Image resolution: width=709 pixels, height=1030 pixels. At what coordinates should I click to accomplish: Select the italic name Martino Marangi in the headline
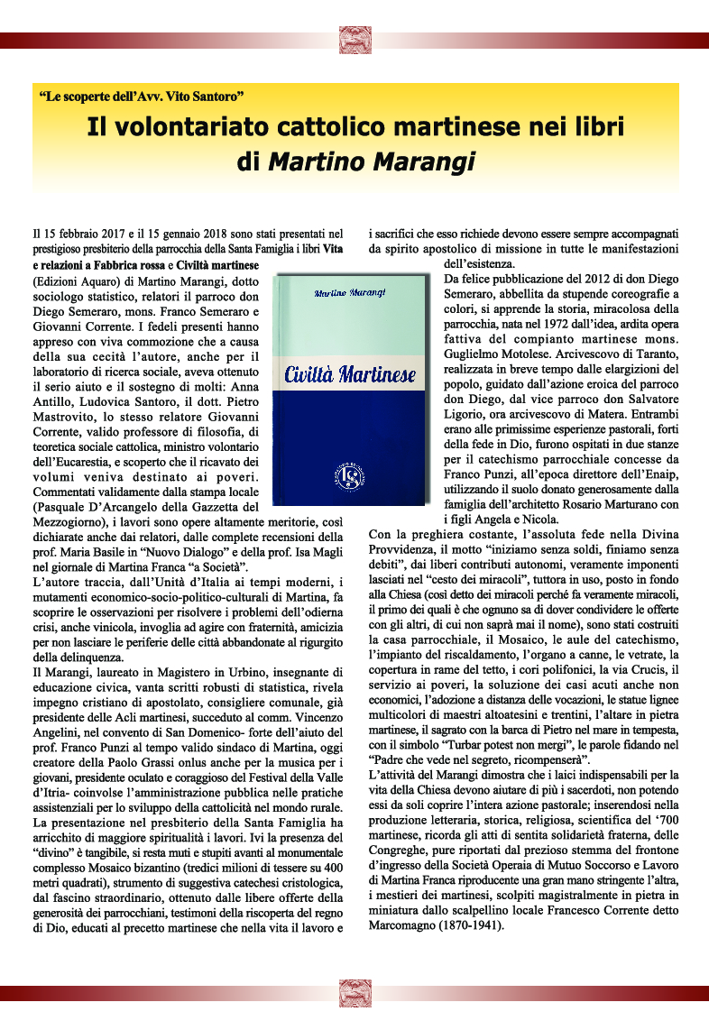point(369,161)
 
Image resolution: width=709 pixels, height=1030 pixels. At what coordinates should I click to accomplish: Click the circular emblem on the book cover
point(350,473)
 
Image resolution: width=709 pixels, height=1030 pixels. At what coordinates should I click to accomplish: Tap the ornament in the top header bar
point(354,40)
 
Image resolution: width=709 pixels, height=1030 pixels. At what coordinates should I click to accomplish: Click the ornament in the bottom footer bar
point(354,992)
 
